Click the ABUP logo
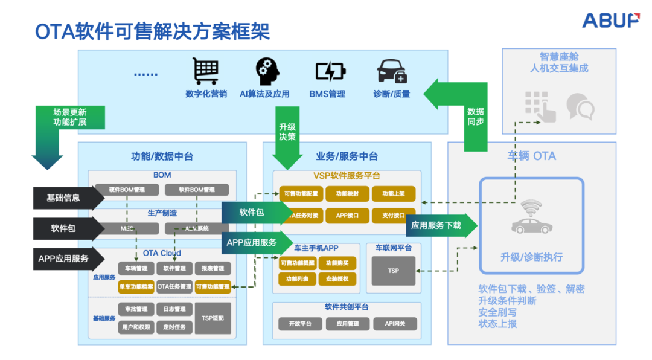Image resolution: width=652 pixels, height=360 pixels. (610, 20)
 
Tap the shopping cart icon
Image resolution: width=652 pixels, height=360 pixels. (206, 71)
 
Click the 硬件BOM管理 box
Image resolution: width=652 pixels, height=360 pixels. (127, 190)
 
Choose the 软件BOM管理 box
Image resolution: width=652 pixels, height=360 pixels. (197, 190)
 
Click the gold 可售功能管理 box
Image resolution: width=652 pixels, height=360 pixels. (213, 286)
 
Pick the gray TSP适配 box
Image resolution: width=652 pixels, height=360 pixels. (213, 318)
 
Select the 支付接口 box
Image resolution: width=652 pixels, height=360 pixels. (393, 215)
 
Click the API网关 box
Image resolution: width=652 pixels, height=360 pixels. (395, 324)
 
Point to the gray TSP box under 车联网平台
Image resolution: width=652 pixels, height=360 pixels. (393, 271)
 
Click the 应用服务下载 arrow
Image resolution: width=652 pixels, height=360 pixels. (439, 225)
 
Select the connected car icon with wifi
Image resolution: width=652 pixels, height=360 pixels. (531, 217)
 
